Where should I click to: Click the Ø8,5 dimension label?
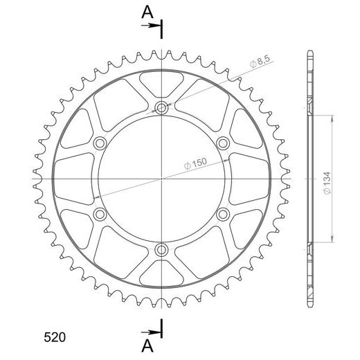click(260, 61)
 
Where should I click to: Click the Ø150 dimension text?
click(195, 163)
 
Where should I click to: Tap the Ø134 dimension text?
click(327, 183)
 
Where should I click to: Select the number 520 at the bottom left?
click(55, 337)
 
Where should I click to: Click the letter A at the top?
click(147, 12)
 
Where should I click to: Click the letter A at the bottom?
click(147, 346)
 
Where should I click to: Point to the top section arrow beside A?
click(151, 25)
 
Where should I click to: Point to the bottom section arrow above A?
click(151, 332)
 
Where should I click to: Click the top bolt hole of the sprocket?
click(161, 107)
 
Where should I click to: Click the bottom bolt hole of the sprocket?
click(161, 249)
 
